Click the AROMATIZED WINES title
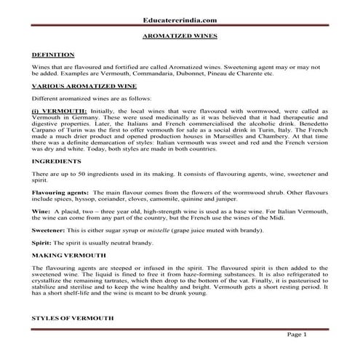tap(180, 34)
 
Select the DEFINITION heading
tap(53, 55)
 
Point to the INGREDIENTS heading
tap(57, 159)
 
